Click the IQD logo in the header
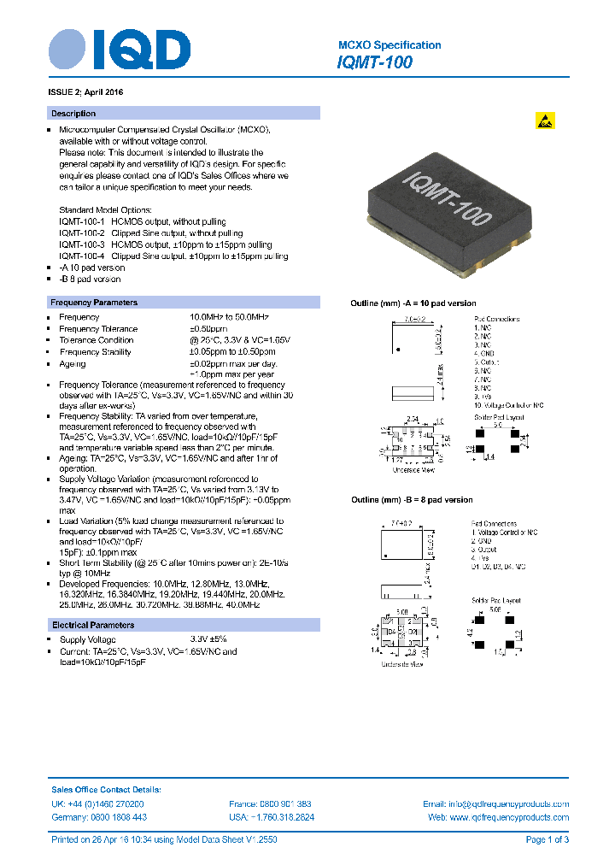(119, 50)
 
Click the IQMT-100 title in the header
(375, 62)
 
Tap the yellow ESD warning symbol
(545, 121)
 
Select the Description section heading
(73, 114)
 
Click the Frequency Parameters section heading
(94, 303)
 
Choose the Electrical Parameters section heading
(92, 626)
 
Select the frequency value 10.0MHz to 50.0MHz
(229, 317)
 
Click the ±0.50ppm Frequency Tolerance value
(208, 329)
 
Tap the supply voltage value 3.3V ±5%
(208, 639)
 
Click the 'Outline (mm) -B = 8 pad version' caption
(412, 500)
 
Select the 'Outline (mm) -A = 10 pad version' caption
(413, 303)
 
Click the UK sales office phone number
(97, 804)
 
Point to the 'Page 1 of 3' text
(547, 840)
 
